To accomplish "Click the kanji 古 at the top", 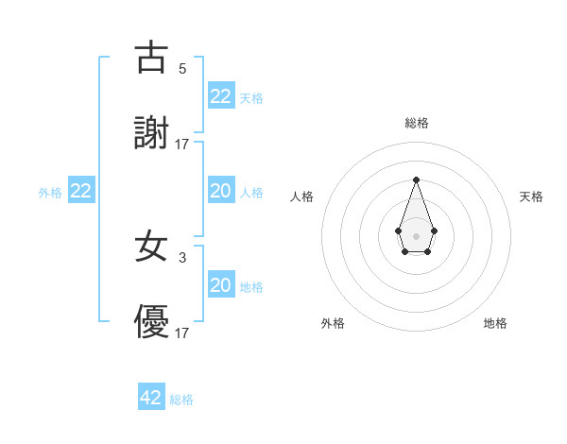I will [151, 59].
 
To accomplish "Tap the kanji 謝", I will [151, 133].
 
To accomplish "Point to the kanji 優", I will [151, 323].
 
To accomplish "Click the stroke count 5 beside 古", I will [182, 68].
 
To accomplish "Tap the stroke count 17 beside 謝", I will [182, 144].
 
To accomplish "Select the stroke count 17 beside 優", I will [182, 333].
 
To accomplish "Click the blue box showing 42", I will [151, 398].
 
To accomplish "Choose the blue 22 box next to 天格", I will [221, 96].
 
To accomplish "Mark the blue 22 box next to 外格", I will [81, 191].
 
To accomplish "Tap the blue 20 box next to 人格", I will [221, 191].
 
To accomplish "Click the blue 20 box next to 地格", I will [221, 285].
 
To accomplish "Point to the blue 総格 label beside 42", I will [181, 400].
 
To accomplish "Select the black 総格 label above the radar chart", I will [416, 123].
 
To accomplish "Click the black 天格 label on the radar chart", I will [531, 196].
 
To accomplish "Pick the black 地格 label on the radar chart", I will [495, 323].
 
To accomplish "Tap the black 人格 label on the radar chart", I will [302, 196].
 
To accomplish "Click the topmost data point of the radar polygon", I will [416, 179].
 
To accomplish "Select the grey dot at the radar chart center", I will [416, 234].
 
